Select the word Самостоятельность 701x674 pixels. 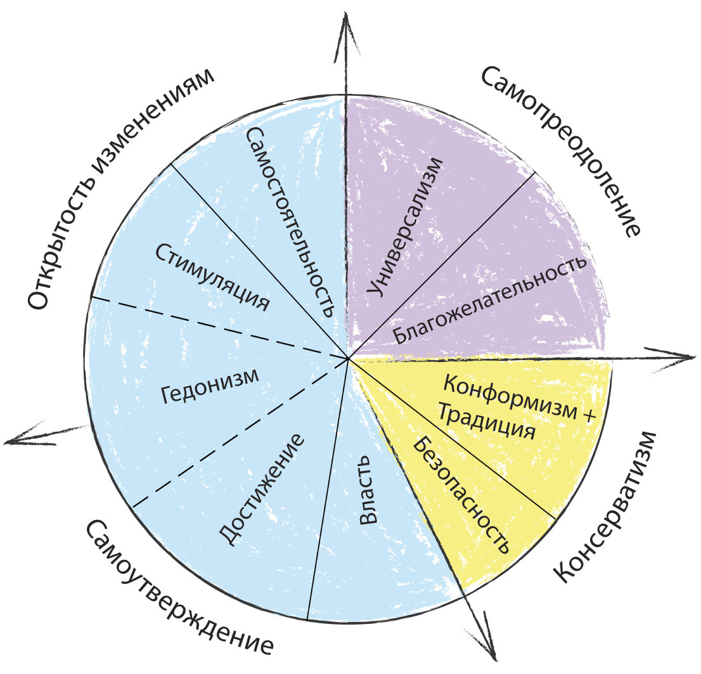click(x=289, y=221)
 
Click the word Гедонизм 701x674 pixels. click(x=210, y=386)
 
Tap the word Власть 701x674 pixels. click(x=368, y=500)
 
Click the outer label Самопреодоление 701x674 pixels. click(x=561, y=151)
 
